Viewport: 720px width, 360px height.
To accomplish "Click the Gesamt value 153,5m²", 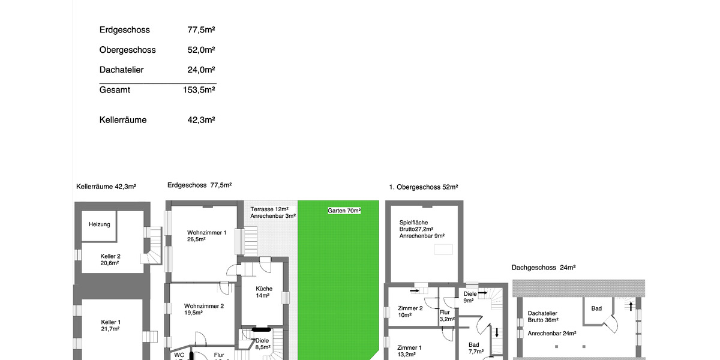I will (x=199, y=90).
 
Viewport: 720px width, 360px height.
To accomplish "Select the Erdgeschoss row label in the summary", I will (x=124, y=30).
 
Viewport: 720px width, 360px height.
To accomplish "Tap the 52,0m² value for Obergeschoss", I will (x=201, y=50).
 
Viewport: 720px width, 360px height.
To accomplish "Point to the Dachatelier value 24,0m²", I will (x=201, y=70).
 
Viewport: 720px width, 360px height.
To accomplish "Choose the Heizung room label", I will (x=100, y=224).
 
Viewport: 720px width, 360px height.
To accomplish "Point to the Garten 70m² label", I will (x=344, y=211).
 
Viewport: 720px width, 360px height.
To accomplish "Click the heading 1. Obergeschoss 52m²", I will (x=424, y=187).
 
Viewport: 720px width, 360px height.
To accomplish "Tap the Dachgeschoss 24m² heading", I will (x=544, y=267).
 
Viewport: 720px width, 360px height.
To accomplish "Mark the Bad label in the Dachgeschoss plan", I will (x=596, y=308).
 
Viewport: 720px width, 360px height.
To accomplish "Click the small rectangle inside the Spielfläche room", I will (x=444, y=249).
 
